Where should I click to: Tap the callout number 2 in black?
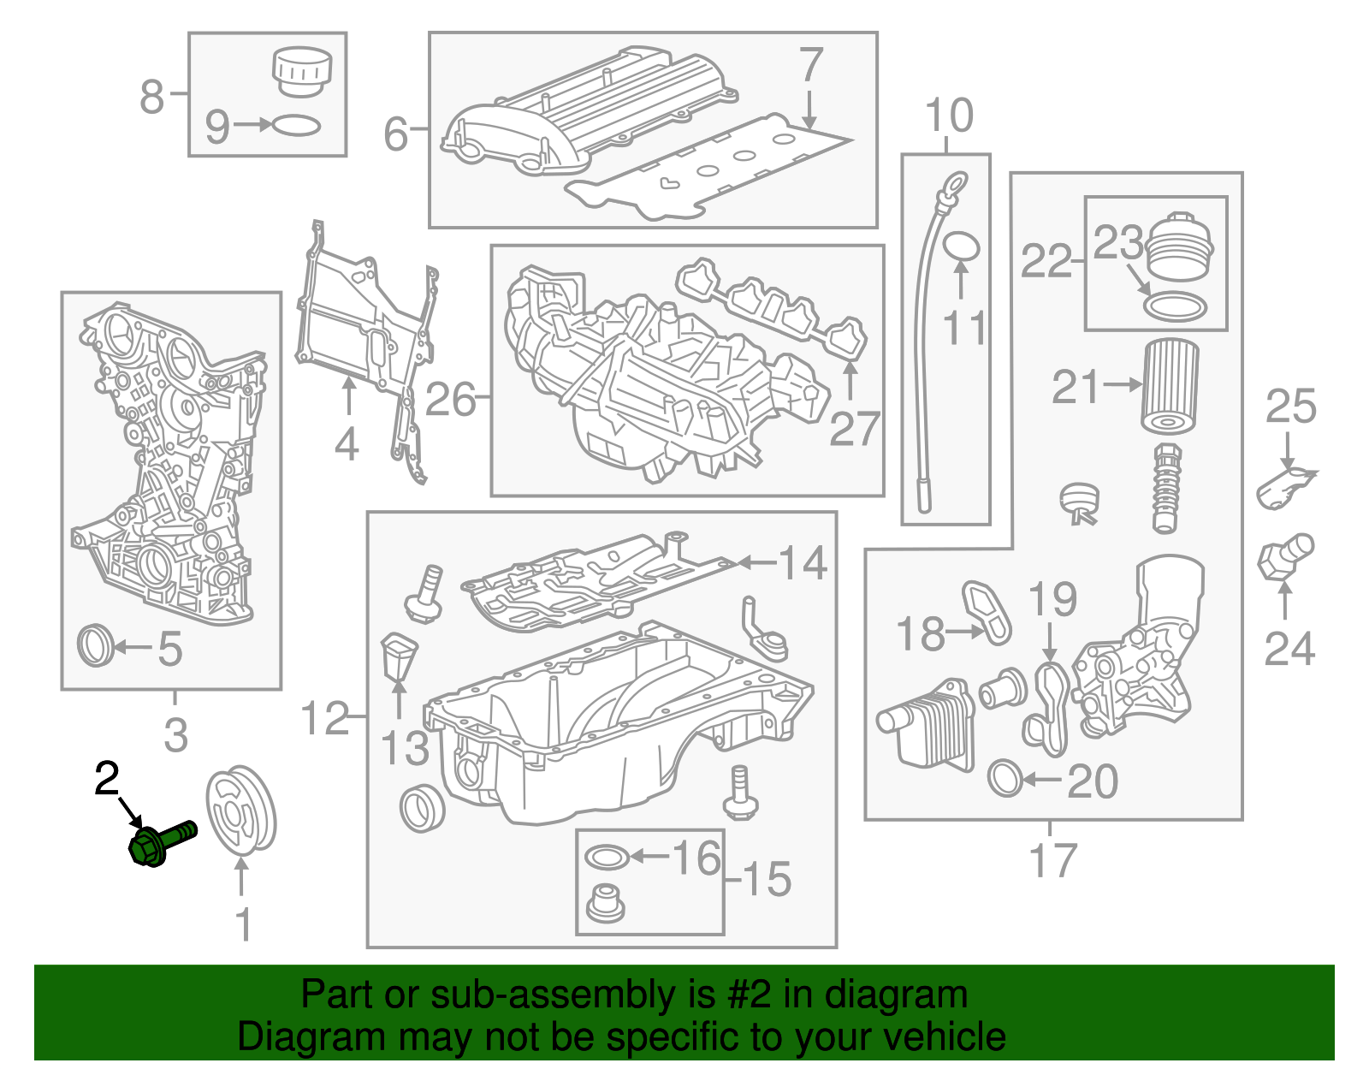point(107,779)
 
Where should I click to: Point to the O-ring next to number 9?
point(296,126)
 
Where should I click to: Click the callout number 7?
point(809,65)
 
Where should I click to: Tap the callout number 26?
point(450,399)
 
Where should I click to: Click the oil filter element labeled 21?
point(1170,387)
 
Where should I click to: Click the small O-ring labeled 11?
point(961,246)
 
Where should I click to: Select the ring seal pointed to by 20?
point(1005,778)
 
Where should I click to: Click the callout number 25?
point(1290,406)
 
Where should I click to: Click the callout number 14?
point(802,563)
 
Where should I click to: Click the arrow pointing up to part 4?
point(347,399)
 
